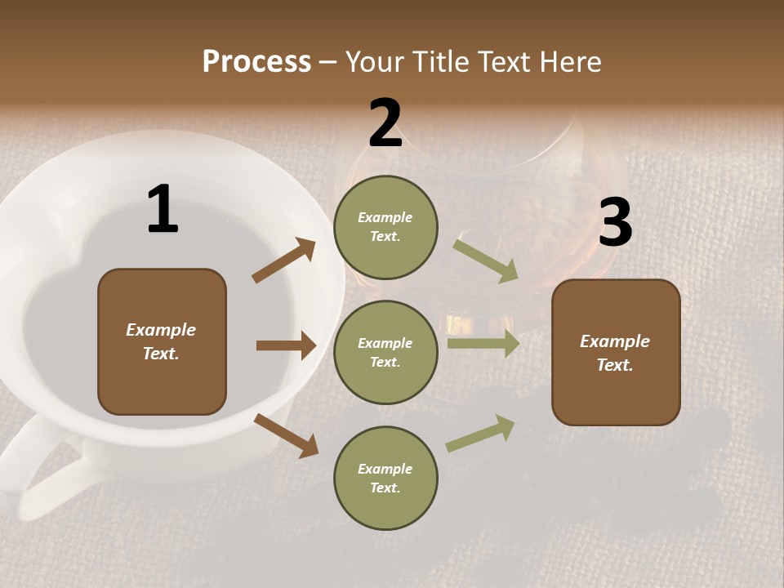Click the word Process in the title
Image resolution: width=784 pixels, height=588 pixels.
(x=256, y=61)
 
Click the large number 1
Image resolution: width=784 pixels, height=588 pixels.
(x=163, y=209)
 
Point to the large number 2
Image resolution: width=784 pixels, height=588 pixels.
(x=385, y=123)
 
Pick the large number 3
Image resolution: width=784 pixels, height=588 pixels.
(x=615, y=222)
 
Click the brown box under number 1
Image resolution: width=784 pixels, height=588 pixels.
(x=162, y=341)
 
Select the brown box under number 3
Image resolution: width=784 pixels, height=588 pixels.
(x=616, y=352)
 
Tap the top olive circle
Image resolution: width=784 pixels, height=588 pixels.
(x=385, y=227)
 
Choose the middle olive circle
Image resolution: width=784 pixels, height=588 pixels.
(x=385, y=352)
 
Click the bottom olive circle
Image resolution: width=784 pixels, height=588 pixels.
(x=385, y=478)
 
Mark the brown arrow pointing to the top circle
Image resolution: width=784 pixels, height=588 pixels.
(x=283, y=261)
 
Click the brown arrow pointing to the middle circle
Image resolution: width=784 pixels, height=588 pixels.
(x=286, y=345)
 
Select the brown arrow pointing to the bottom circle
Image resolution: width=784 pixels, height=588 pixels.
(x=286, y=435)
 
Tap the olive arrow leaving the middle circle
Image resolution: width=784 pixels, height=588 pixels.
(x=483, y=344)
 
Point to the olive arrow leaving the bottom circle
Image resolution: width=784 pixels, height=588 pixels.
(x=480, y=434)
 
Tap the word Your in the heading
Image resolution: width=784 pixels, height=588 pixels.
(x=375, y=61)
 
